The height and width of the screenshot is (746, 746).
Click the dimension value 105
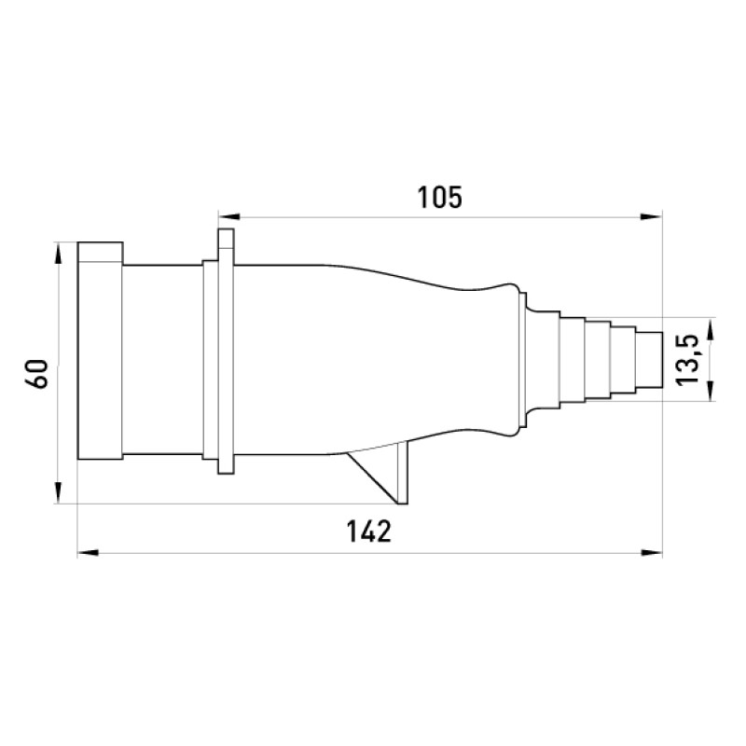(x=439, y=198)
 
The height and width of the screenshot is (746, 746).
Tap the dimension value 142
(x=369, y=532)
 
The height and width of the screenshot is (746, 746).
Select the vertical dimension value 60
(x=37, y=374)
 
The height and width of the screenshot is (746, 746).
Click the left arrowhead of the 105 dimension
(x=228, y=217)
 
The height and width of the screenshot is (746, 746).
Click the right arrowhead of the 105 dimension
(x=651, y=217)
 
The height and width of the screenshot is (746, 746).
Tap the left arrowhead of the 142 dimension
(x=88, y=553)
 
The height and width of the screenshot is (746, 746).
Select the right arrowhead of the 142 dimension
(x=651, y=553)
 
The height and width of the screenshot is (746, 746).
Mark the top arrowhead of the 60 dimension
(x=58, y=253)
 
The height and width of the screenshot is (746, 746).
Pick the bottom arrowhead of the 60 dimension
(x=58, y=492)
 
